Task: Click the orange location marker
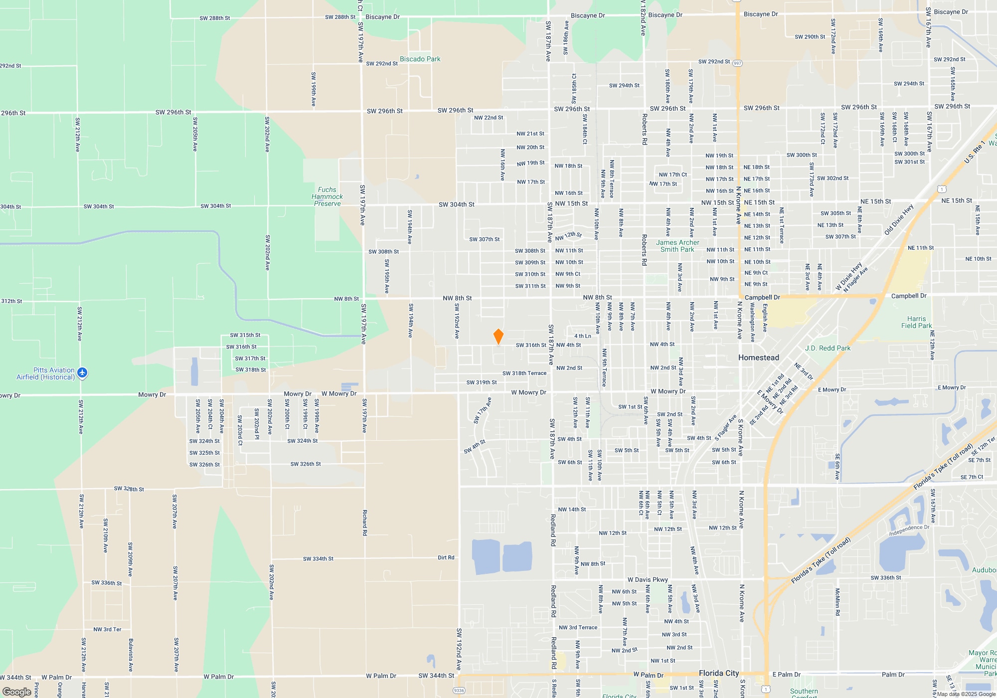[x=498, y=337]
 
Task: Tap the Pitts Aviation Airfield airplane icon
[x=82, y=372]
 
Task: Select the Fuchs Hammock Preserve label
[x=327, y=196]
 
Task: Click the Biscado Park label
[x=420, y=59]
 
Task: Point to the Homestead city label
[x=758, y=357]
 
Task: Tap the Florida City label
[x=718, y=673]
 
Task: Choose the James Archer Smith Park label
[x=677, y=246]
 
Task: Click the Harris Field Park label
[x=916, y=322]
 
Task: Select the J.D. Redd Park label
[x=828, y=348]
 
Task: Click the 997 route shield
[x=738, y=63]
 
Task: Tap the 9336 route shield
[x=459, y=691]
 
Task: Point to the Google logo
[x=17, y=692]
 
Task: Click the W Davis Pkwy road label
[x=648, y=580]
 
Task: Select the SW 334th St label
[x=318, y=559]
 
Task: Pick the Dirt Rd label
[x=446, y=557]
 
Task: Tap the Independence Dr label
[x=909, y=530]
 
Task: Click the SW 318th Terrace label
[x=524, y=373]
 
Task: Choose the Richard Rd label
[x=365, y=523]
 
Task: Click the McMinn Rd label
[x=837, y=602]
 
